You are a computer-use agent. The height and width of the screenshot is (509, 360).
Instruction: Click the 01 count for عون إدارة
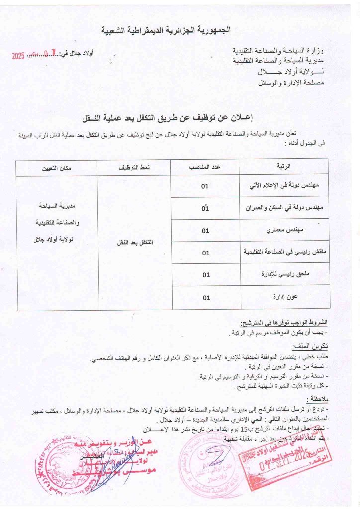pos(205,297)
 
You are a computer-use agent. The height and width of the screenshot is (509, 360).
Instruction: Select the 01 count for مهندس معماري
pos(205,231)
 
